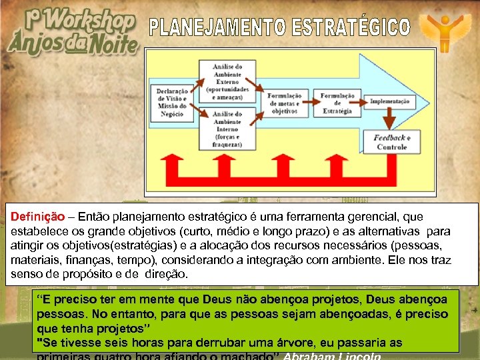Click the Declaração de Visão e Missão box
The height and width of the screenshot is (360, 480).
point(172,102)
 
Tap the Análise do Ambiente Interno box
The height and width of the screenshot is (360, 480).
point(227,127)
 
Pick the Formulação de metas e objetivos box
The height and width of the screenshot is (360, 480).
point(285,102)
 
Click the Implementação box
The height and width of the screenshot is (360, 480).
point(391,101)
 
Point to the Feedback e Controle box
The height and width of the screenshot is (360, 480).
point(391,141)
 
